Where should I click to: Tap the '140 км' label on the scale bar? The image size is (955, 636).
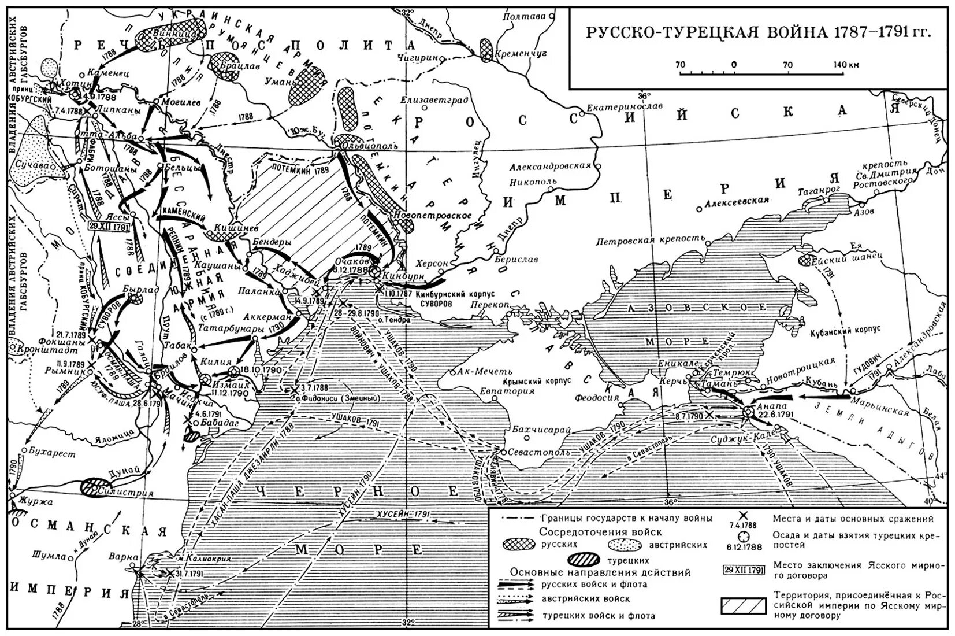[846, 65]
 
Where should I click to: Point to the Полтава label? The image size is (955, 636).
[523, 16]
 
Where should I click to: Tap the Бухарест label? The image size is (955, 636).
[52, 454]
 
